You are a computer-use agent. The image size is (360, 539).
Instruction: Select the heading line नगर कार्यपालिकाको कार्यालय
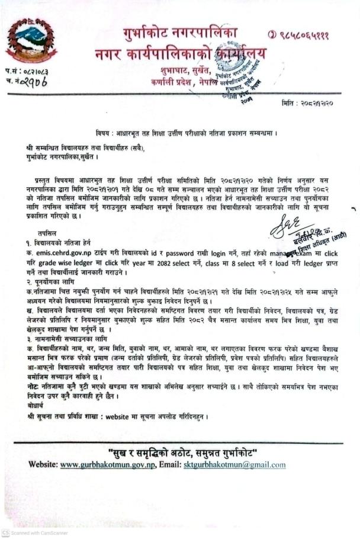[180, 54]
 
